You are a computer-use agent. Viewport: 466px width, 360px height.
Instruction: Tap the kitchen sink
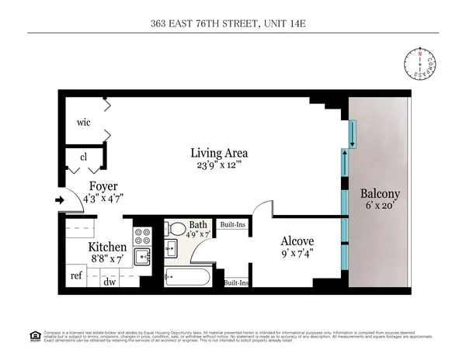pyautogui.click(x=142, y=257)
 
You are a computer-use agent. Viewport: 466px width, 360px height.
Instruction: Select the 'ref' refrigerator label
pyautogui.click(x=76, y=275)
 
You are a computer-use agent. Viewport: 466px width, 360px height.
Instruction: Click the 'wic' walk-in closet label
pyautogui.click(x=85, y=123)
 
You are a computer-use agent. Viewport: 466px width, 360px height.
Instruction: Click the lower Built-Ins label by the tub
pyautogui.click(x=235, y=282)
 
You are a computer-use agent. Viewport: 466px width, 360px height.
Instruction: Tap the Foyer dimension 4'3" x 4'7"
pyautogui.click(x=103, y=197)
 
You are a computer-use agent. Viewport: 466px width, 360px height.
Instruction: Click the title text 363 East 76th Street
pyautogui.click(x=233, y=23)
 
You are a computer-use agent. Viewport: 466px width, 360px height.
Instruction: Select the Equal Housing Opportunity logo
pyautogui.click(x=34, y=336)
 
